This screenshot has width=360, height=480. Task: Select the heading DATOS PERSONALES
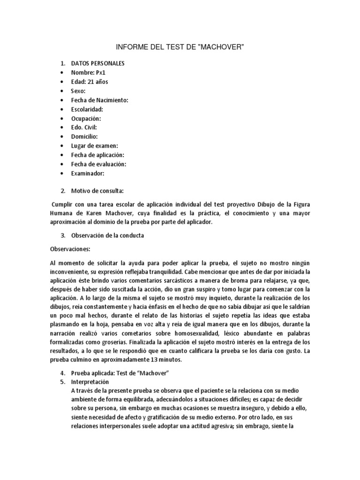point(97,64)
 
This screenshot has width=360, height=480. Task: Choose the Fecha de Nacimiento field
point(99,100)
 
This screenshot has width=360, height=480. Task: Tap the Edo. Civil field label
point(84,127)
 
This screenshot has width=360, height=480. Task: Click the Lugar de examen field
point(94,146)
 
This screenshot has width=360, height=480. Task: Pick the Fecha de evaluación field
point(98,164)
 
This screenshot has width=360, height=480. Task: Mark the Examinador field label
point(87,173)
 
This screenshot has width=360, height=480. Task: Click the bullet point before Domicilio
point(62,137)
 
